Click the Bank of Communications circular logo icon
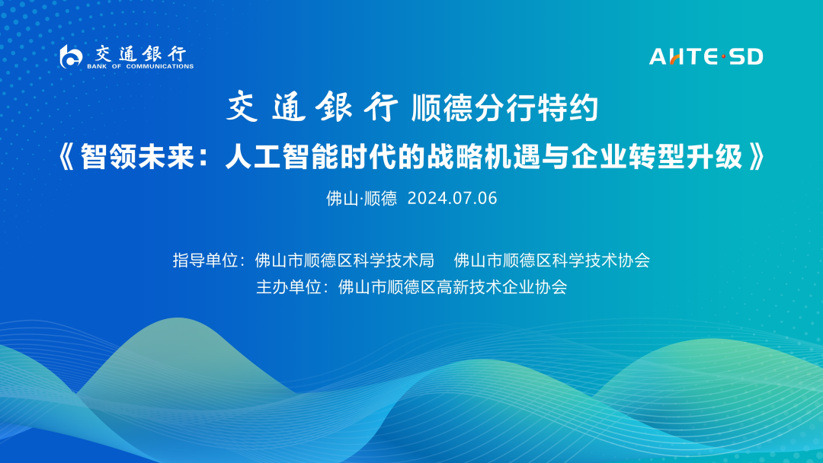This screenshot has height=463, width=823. pos(71,56)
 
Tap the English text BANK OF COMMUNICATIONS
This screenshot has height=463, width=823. pos(140,66)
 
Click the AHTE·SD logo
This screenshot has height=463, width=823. pos(706,56)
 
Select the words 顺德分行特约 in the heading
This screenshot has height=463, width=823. pos(504,108)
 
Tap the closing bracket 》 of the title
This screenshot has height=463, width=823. pos(756,157)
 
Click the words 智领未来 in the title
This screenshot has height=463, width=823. pos(137,157)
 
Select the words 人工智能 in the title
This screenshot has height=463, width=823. pos(282,157)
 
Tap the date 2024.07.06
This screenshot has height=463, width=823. pos(453,198)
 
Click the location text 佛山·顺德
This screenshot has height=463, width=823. pos(362,198)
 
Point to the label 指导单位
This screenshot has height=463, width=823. pos(205,260)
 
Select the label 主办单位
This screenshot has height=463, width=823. pos(288,287)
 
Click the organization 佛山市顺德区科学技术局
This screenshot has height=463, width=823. pos(344,260)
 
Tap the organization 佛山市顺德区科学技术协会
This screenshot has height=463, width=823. pos(552,260)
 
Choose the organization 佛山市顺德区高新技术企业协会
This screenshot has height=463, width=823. pos(453,287)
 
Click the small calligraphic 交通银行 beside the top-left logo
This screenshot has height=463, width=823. pos(140,53)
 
